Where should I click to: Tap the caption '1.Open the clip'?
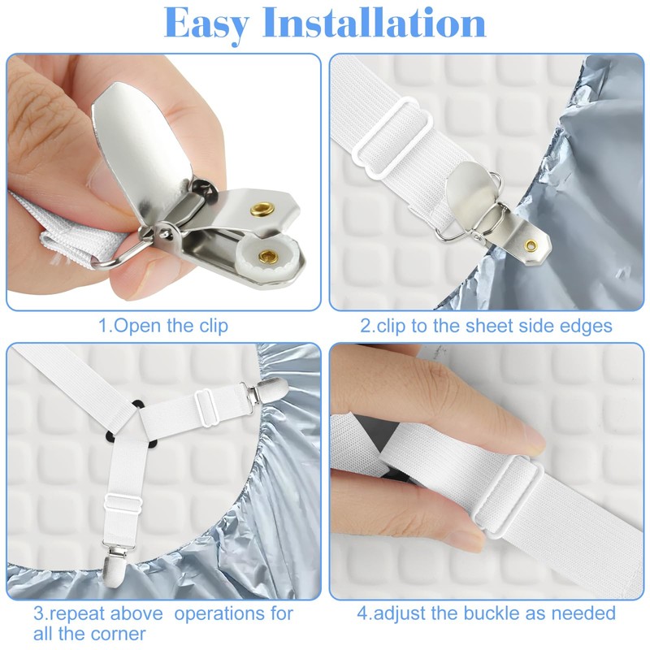163,326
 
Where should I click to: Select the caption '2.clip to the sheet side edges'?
486,326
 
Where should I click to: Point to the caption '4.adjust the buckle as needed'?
487,613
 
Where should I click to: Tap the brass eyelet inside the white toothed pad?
266,257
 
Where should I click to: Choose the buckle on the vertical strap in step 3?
120,505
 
